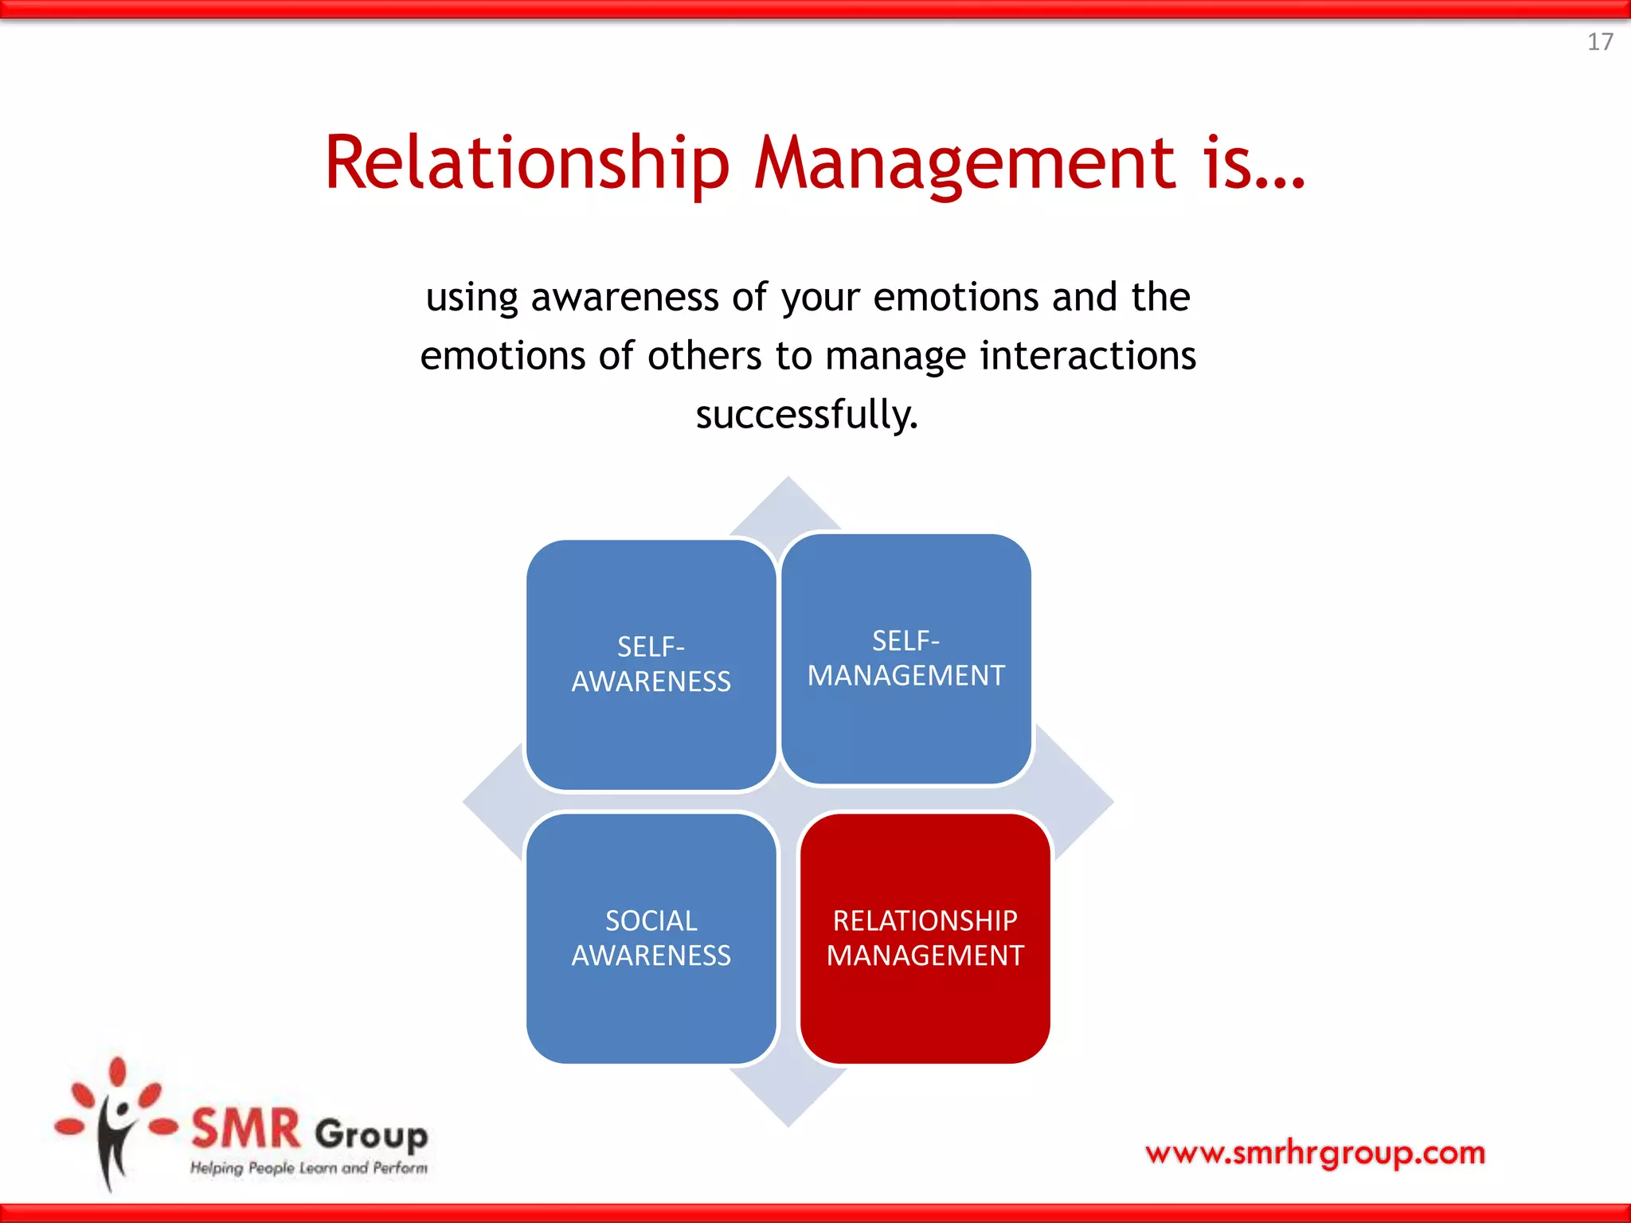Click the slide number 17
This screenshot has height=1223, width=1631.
(1600, 41)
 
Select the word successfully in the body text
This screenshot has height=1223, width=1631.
(807, 415)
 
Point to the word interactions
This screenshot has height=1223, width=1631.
(1088, 355)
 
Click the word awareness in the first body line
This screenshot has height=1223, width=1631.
(624, 297)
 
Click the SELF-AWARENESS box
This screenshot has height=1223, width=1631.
(651, 665)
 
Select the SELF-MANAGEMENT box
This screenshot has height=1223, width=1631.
(905, 658)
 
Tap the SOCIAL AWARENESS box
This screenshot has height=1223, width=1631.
(651, 938)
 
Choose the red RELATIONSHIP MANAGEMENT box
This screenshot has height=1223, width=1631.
(925, 938)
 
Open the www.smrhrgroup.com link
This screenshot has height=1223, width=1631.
(1315, 1152)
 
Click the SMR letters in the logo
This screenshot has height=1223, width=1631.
(246, 1129)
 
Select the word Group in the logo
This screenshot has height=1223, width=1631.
(371, 1134)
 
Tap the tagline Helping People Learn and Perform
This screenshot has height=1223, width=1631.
(308, 1168)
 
